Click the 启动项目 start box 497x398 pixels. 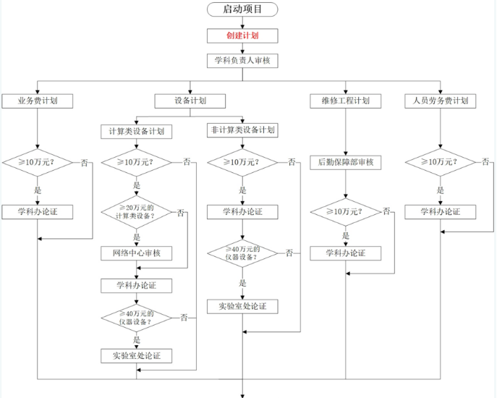(242, 9)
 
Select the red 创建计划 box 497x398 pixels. (242, 35)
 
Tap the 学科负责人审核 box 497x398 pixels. (242, 61)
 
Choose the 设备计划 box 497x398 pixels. (190, 101)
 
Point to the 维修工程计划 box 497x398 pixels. (345, 101)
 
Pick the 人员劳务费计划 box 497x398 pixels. (441, 101)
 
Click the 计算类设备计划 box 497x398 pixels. (136, 131)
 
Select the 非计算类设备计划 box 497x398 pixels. (242, 130)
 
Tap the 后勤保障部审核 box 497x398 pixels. (345, 162)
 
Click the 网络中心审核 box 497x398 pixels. (136, 253)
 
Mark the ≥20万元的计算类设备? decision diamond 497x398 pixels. (136, 213)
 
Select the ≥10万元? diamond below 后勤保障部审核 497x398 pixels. (345, 212)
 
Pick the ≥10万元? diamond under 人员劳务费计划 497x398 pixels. (441, 162)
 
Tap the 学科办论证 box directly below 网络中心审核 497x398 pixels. (136, 285)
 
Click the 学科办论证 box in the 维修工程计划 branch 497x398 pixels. (345, 253)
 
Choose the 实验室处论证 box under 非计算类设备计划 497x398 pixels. (242, 306)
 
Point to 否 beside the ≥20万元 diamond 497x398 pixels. (181, 212)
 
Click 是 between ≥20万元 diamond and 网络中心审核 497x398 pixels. (136, 236)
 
